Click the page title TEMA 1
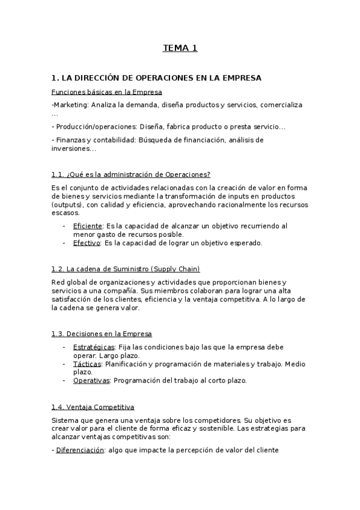pos(180,48)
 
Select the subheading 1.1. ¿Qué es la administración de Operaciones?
pos(131,174)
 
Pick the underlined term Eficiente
pos(88,226)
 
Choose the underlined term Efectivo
pos(87,243)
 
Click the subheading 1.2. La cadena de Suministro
pos(99,269)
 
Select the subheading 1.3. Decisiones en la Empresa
pos(102,334)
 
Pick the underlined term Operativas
pos(91,381)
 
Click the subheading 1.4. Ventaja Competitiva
pos(93,407)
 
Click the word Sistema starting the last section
pos(66,420)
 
